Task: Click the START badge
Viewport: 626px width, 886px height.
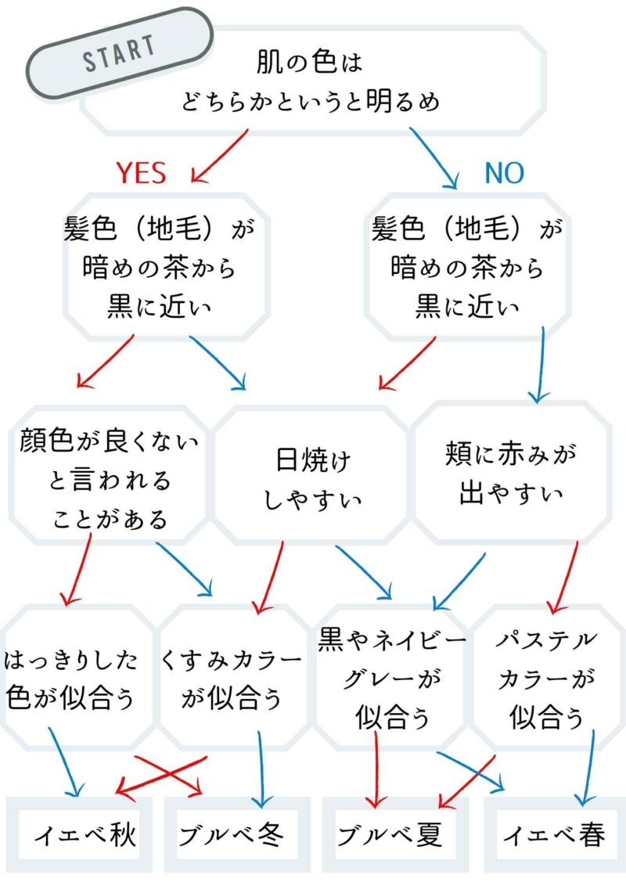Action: [119, 52]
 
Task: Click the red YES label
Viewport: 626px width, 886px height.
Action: [141, 173]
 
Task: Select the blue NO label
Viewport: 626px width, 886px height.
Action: [504, 173]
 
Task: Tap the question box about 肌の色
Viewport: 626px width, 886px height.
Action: [311, 81]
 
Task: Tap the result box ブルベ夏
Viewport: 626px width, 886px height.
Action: [391, 836]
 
